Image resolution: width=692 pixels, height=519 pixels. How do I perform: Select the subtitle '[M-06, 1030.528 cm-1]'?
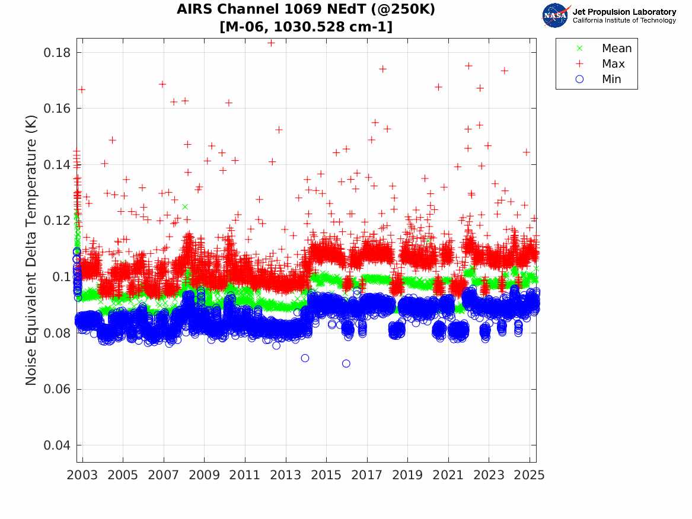[x=306, y=27]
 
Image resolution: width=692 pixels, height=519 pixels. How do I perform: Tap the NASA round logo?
[x=555, y=16]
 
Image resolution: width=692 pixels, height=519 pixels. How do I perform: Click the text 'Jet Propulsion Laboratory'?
[x=624, y=12]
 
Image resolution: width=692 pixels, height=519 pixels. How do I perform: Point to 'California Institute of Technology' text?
[x=624, y=21]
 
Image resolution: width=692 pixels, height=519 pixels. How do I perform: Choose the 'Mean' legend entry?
[x=616, y=49]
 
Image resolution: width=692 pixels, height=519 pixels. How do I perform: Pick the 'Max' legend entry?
[x=613, y=64]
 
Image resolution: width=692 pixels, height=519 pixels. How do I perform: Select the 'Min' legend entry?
[x=611, y=79]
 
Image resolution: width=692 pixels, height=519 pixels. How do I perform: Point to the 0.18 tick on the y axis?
[x=58, y=53]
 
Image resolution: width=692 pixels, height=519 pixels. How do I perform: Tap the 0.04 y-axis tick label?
[x=58, y=445]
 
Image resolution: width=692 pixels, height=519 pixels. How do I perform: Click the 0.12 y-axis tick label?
[x=58, y=221]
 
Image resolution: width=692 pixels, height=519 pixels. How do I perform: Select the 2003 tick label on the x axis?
[x=82, y=475]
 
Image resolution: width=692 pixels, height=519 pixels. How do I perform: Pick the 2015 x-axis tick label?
[x=326, y=475]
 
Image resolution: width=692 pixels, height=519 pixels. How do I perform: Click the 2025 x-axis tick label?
[x=529, y=475]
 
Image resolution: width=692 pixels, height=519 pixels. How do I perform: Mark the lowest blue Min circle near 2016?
[x=346, y=364]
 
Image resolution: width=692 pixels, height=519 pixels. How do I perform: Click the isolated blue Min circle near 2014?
[x=305, y=358]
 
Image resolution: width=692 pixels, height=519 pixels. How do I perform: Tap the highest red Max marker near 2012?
[x=271, y=43]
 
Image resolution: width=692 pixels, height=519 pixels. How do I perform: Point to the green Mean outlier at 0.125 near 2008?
[x=185, y=207]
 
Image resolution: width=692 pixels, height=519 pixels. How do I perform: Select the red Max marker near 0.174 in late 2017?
[x=382, y=69]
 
